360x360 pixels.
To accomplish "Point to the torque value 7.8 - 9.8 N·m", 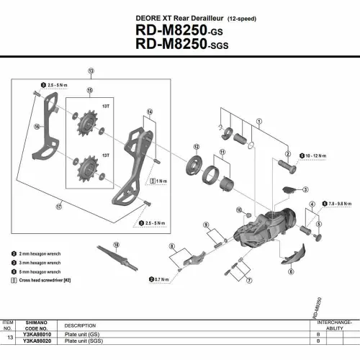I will [340, 204].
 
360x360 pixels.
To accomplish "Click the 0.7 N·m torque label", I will [166, 278].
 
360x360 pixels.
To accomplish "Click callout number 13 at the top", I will [91, 71].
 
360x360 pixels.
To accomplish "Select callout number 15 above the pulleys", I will [90, 91].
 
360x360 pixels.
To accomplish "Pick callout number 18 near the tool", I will [116, 245].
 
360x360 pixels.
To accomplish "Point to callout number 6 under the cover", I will [291, 272].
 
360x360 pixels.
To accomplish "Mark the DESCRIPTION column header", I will [80, 325].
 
